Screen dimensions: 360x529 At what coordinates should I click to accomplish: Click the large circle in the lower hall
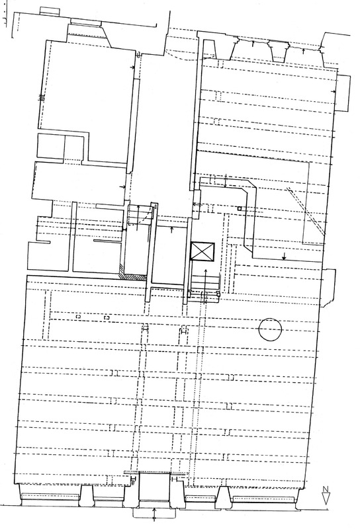tap(270, 329)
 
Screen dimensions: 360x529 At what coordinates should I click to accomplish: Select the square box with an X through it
tap(202, 252)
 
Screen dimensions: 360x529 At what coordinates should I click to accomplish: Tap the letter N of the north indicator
tap(326, 489)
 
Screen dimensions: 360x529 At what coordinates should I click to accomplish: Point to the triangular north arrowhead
tap(326, 499)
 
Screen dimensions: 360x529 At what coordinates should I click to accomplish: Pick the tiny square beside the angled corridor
tap(240, 208)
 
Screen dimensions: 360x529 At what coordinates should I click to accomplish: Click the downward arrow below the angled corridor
tap(284, 256)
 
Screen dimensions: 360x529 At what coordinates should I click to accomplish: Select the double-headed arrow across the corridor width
tap(226, 181)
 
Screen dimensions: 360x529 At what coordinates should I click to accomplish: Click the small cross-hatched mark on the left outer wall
tap(42, 97)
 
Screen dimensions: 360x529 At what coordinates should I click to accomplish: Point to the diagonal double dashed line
tap(306, 211)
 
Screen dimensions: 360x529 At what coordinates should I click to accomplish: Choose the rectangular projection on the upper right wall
tap(343, 93)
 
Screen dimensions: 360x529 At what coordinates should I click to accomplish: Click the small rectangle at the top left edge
tap(50, 11)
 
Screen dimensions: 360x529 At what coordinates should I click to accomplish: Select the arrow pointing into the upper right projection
tap(334, 91)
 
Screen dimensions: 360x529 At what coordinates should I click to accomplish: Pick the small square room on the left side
tap(51, 146)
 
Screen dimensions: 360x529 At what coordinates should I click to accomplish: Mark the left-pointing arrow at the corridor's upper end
tap(198, 204)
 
